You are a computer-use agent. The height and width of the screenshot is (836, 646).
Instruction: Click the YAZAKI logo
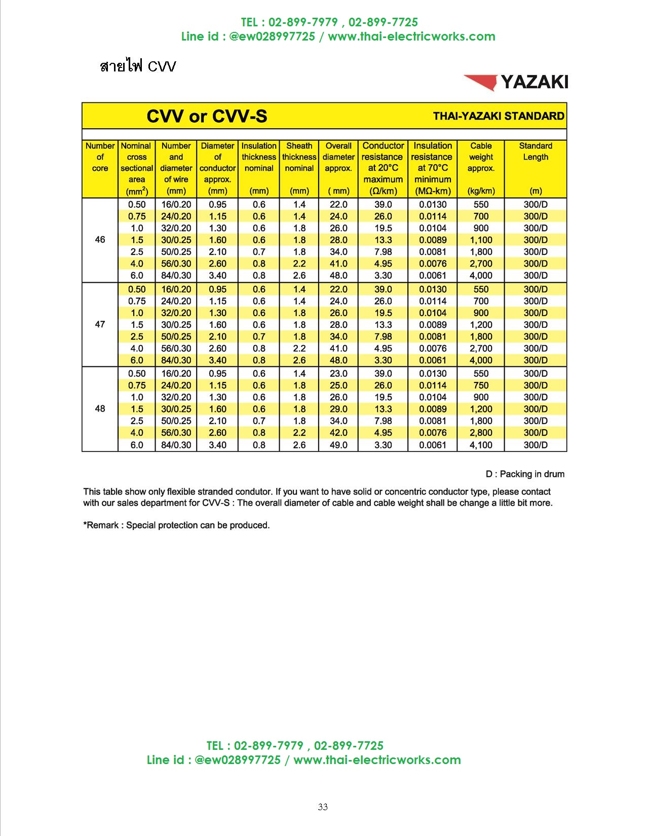516,82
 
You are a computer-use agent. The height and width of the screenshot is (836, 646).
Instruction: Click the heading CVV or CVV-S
207,116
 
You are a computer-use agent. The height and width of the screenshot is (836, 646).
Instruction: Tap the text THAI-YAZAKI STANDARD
498,116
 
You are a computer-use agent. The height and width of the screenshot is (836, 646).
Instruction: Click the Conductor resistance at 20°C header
383,168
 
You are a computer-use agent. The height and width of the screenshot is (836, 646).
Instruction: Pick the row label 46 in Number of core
100,240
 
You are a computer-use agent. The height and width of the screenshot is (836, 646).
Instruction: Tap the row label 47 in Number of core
100,324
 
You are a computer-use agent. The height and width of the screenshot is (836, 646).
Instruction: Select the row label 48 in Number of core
100,409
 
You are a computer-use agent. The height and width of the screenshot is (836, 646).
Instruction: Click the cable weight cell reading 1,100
481,240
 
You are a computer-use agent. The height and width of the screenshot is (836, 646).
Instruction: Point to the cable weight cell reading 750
481,386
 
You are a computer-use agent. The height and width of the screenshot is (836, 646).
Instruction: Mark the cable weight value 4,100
481,445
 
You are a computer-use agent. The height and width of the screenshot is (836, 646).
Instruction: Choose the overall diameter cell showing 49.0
338,445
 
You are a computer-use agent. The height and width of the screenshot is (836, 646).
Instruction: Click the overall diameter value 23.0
338,373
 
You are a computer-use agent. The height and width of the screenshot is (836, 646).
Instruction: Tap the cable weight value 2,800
481,433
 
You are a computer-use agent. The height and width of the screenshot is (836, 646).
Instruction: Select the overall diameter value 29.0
338,409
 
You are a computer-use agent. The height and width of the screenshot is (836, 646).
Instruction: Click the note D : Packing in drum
525,474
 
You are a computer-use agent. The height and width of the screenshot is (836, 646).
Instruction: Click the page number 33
323,807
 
